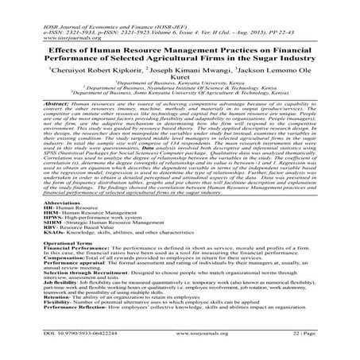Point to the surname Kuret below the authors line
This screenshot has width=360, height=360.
(180, 79)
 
